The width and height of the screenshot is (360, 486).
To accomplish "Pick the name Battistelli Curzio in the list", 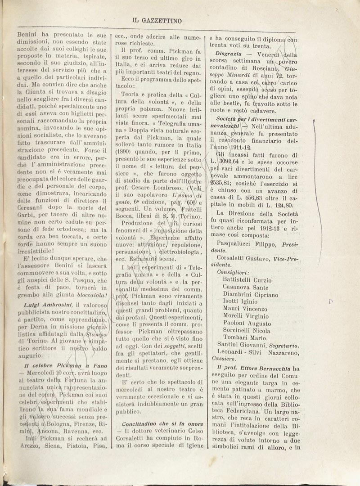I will click(247, 279).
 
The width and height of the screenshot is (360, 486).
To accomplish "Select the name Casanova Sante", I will click(245, 287).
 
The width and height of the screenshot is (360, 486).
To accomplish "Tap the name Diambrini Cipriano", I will click(250, 294).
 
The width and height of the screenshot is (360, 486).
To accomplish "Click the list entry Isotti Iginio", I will click(241, 301).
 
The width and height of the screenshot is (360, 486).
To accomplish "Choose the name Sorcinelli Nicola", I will click(247, 330).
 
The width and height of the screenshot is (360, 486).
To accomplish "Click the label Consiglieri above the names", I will click(233, 272).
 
